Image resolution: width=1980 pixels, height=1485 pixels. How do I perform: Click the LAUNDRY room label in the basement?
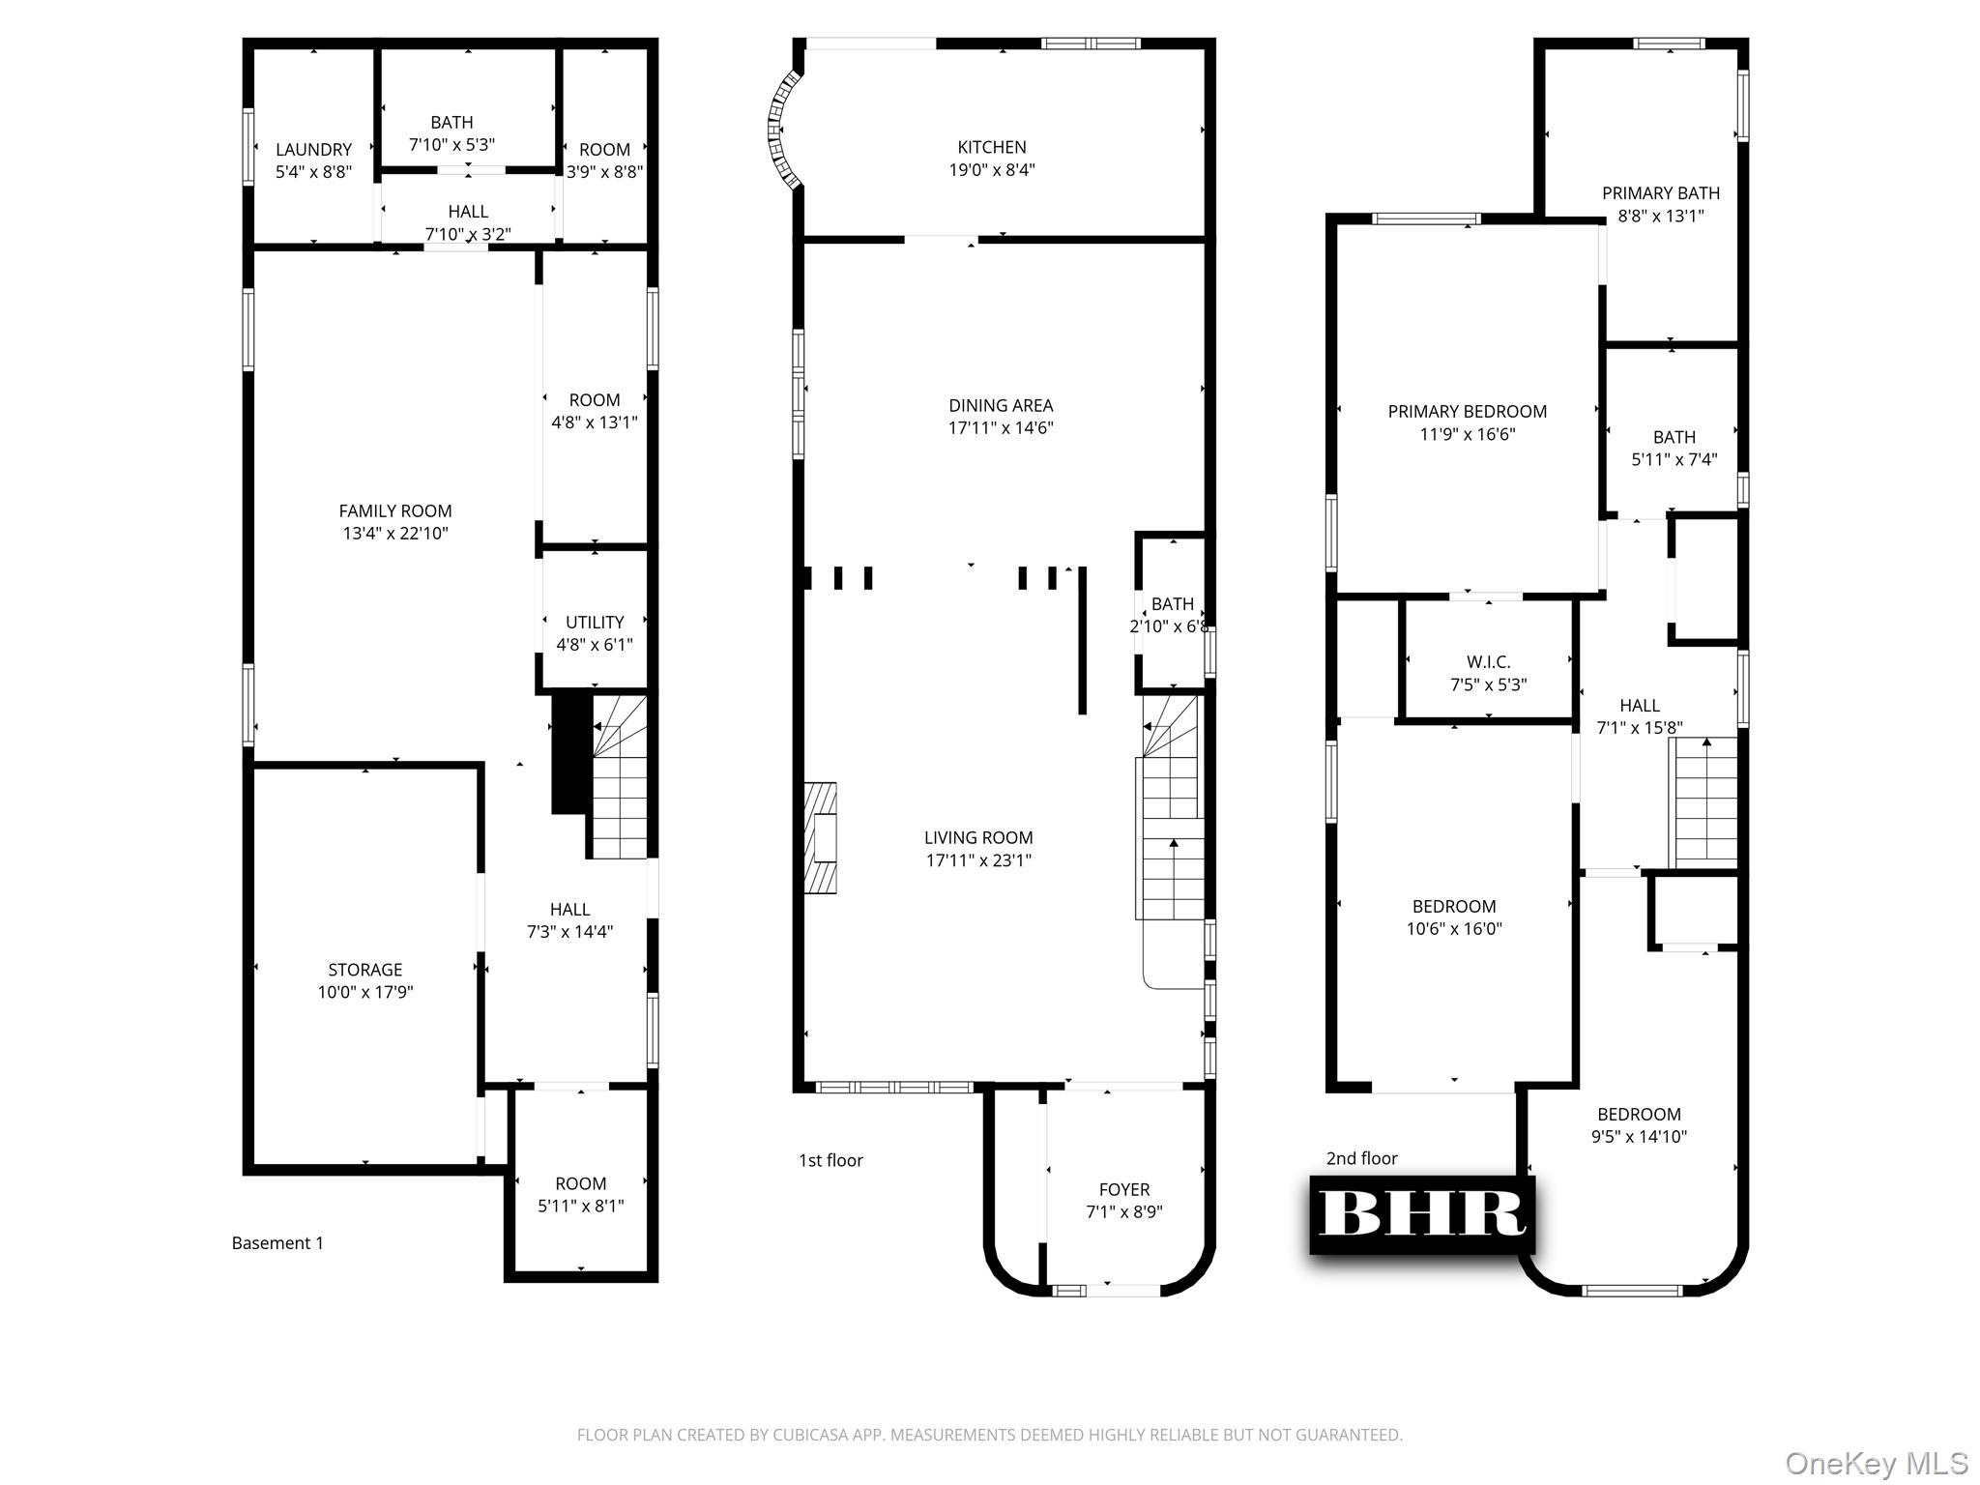click(313, 150)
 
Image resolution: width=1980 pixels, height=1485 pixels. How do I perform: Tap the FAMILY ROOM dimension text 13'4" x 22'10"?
click(395, 534)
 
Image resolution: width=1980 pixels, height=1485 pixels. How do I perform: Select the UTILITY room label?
click(595, 623)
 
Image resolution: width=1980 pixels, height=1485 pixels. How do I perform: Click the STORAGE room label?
click(364, 970)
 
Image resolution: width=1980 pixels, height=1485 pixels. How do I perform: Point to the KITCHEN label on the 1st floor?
click(992, 148)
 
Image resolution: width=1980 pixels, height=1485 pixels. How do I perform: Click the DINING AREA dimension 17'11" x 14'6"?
click(1001, 428)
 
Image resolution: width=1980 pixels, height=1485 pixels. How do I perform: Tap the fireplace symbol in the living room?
click(821, 837)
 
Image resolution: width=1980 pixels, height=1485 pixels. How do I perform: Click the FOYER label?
click(1124, 1190)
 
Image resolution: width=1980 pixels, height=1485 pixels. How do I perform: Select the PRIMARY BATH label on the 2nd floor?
click(1660, 193)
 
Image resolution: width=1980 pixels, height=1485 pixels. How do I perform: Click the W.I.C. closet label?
click(1488, 662)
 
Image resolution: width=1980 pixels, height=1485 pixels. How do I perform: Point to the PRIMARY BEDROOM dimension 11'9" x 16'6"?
click(1467, 435)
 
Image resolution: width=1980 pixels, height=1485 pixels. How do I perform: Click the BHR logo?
click(1421, 1214)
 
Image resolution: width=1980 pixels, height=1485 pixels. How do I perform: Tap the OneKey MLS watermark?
click(1876, 1463)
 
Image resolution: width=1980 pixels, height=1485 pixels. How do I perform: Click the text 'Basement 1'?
click(277, 1243)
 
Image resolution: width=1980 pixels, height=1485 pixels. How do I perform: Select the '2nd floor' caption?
click(1361, 1158)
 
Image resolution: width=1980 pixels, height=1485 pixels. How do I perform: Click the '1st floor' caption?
click(830, 1160)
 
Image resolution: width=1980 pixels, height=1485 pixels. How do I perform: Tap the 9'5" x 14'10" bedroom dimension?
click(1639, 1138)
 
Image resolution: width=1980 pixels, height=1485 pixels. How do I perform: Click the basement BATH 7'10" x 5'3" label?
click(451, 123)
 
